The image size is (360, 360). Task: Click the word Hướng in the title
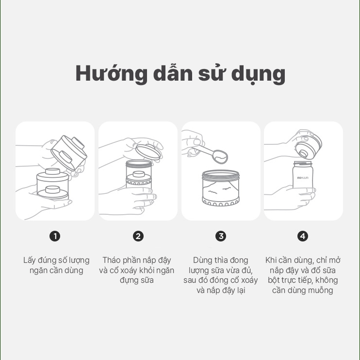(x=111, y=73)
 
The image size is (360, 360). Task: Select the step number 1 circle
(x=55, y=236)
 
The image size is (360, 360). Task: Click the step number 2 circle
(x=138, y=236)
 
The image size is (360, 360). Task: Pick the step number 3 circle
(x=221, y=236)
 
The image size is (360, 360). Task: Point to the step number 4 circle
(x=303, y=236)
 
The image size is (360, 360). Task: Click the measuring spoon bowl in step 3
(x=220, y=156)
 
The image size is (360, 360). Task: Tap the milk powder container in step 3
(x=221, y=188)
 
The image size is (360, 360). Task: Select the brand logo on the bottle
(x=303, y=178)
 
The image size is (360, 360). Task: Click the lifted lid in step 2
(x=147, y=152)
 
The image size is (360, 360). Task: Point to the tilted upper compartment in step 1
(x=69, y=153)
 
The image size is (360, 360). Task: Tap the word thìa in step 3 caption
(x=221, y=260)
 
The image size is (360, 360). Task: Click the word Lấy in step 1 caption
(x=30, y=260)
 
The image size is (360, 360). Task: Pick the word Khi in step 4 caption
(x=271, y=260)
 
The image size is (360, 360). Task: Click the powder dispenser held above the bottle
(x=309, y=147)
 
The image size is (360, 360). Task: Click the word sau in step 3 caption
(x=190, y=280)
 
